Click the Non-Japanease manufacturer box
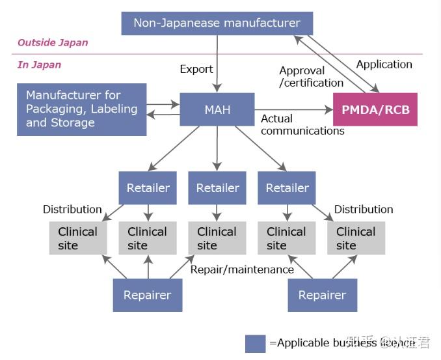(217, 23)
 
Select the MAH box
(217, 109)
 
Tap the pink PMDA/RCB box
(375, 109)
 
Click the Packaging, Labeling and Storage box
(82, 109)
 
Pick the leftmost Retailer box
(148, 188)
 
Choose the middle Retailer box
(217, 188)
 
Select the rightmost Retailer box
(287, 188)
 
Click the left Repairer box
(148, 295)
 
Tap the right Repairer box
(322, 295)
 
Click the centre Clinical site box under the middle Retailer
(217, 238)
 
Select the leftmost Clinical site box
(78, 238)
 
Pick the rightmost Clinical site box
(356, 238)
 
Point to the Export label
(196, 69)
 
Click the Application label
(384, 64)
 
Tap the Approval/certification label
(311, 77)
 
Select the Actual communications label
(302, 124)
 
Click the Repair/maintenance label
(242, 270)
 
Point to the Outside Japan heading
(53, 43)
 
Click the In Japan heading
(40, 64)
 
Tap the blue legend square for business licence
(255, 343)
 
